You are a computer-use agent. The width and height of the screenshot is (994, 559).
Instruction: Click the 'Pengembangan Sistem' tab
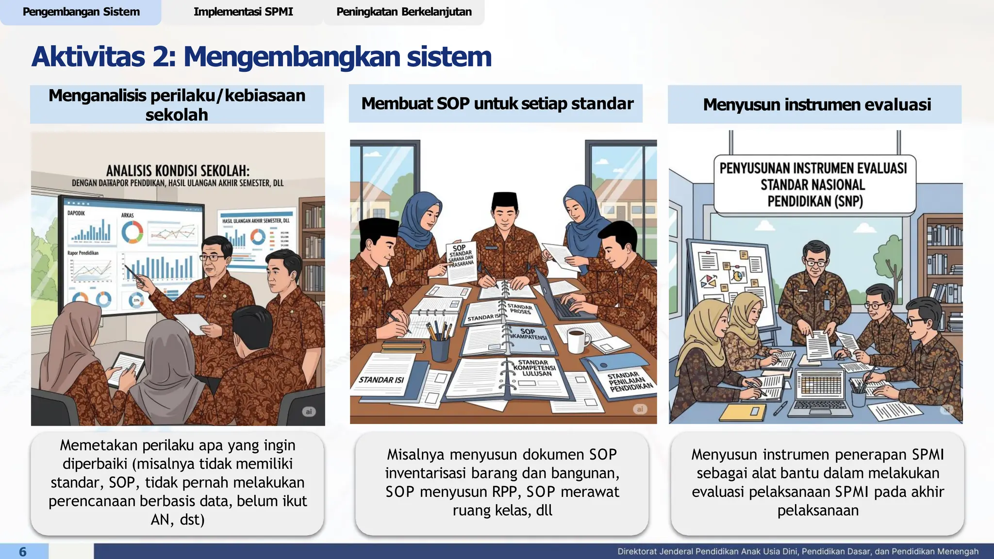(x=81, y=12)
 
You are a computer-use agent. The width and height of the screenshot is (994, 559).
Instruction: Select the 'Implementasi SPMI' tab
(x=243, y=12)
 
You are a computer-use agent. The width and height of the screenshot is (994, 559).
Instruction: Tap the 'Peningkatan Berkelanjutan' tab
(x=404, y=12)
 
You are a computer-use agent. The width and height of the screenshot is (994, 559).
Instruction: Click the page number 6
(x=23, y=552)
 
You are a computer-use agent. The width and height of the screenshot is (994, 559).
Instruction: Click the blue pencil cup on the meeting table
(x=440, y=349)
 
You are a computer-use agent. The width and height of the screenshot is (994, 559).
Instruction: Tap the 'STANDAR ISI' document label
(x=381, y=380)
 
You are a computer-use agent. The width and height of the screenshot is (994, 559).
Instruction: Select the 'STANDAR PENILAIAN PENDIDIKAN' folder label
(x=630, y=382)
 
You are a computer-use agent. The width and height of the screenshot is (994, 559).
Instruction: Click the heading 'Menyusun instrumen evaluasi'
(x=816, y=105)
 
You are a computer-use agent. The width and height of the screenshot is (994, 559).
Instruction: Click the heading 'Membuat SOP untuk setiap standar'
(x=497, y=104)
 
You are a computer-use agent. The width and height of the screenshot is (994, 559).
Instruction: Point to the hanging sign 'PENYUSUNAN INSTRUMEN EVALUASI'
(x=813, y=184)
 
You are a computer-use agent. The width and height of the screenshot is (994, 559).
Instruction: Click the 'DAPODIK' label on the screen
(x=76, y=213)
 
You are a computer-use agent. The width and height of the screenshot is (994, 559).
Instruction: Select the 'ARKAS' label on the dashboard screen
(x=127, y=215)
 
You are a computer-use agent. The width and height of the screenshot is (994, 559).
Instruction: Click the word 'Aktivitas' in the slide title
(x=88, y=57)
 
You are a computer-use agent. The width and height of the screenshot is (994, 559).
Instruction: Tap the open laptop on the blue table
(x=820, y=391)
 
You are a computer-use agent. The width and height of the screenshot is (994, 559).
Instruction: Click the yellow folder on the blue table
(x=742, y=412)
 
